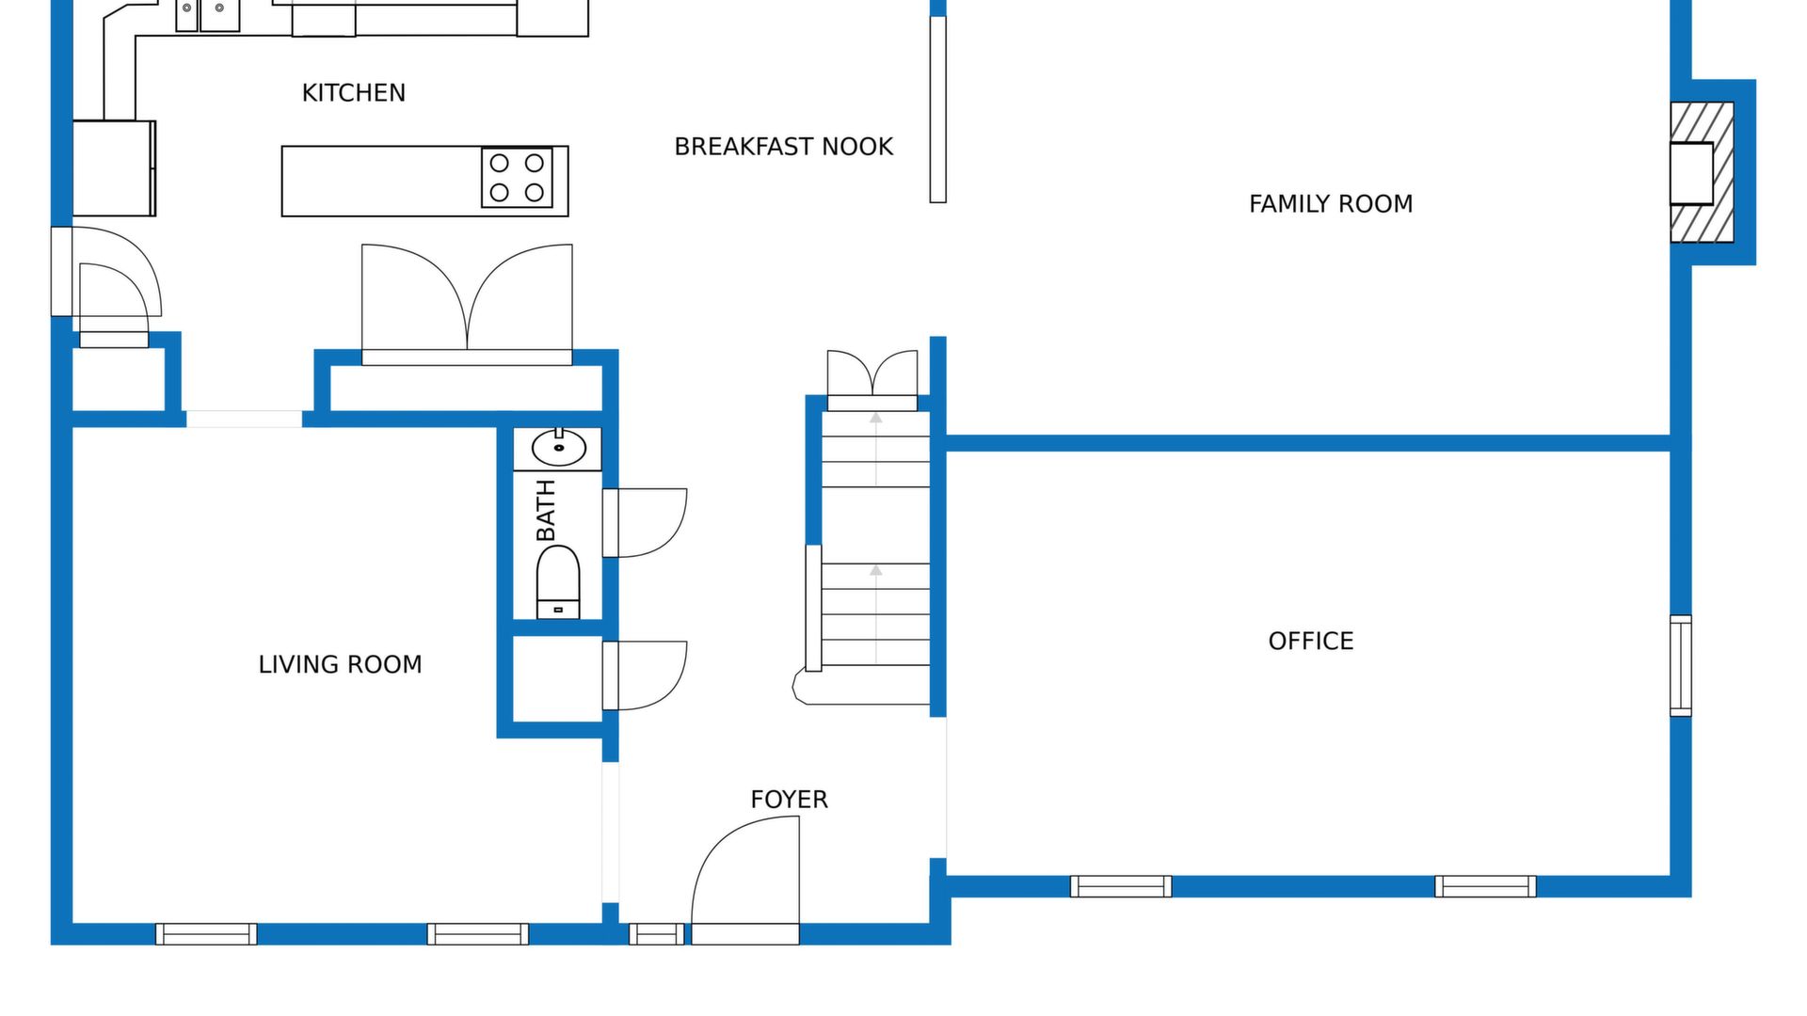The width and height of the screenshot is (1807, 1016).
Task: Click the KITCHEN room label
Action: pos(354,93)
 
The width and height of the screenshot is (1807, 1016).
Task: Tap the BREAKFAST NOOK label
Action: pos(784,147)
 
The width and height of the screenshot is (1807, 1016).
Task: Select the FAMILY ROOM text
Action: pos(1331,204)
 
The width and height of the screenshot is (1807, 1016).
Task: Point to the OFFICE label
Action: pos(1311,642)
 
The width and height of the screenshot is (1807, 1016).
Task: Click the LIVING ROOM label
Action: pos(340,665)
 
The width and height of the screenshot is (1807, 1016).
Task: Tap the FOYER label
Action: pos(789,800)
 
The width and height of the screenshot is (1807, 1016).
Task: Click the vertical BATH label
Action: pos(546,511)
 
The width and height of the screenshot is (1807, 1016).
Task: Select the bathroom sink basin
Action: pos(558,449)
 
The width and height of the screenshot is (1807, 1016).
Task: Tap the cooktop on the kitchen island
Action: pos(517,177)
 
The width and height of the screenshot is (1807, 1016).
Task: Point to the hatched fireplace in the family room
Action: pos(1702,172)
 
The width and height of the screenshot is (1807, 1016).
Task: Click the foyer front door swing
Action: pos(745,880)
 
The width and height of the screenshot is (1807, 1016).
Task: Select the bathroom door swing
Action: pos(645,523)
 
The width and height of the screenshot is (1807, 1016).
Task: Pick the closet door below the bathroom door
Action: pos(645,675)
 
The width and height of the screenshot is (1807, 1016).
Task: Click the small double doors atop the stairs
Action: pos(872,380)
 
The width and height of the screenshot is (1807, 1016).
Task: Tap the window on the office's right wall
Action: pos(1681,666)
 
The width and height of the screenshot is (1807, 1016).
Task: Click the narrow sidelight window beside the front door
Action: pos(657,934)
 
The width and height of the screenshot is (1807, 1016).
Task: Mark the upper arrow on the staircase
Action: pos(876,449)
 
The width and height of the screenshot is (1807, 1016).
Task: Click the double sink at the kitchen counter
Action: pos(208,15)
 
